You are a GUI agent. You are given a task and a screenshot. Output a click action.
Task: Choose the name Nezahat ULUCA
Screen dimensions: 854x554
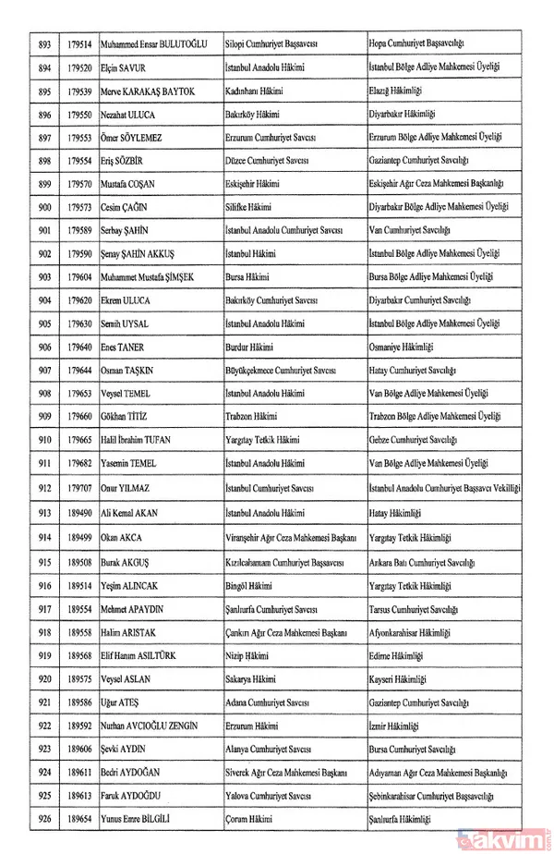point(129,115)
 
